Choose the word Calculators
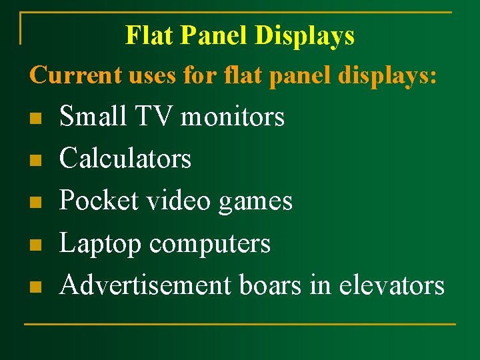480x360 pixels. pos(125,159)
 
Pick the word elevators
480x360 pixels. pos(391,285)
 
